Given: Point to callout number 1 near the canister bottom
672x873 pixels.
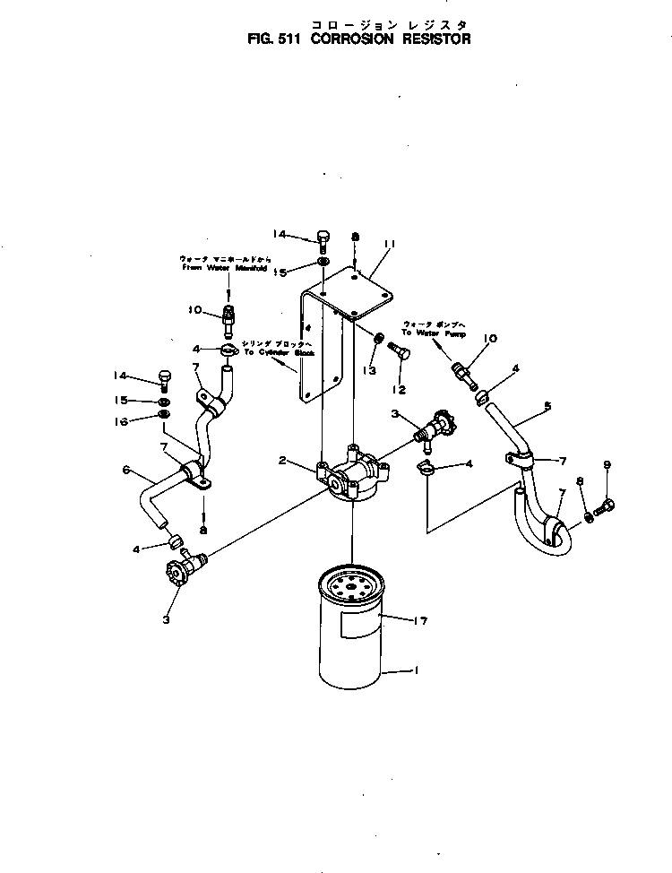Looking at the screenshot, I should click(x=413, y=670).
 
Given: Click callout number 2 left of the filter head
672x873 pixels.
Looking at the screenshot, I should click(x=282, y=461).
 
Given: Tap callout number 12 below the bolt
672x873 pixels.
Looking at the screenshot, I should click(x=399, y=389).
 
